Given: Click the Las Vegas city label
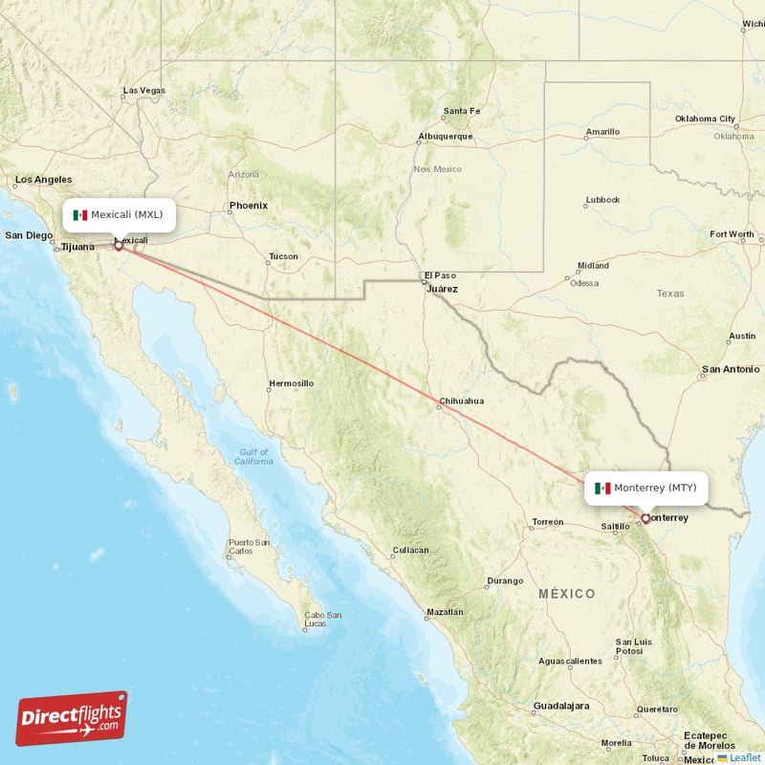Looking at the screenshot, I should [x=143, y=91].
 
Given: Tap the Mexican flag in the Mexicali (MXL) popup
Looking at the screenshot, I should [x=80, y=215].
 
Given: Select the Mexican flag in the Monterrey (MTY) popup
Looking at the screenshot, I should [x=602, y=489].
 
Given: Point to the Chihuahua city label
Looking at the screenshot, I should [x=461, y=402].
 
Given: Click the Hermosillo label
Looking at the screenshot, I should [x=291, y=383].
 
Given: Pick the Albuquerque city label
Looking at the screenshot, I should [x=445, y=136].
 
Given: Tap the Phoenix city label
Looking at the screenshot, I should [x=249, y=206].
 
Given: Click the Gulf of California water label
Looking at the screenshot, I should [x=253, y=456].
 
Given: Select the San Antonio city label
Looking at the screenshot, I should [x=731, y=369].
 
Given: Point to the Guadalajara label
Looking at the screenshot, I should [x=561, y=706].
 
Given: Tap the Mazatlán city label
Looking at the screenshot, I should [x=445, y=612].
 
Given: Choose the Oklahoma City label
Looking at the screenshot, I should [x=707, y=120].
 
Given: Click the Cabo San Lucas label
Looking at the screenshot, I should [x=322, y=620].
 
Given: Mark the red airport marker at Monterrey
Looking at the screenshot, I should [x=645, y=519].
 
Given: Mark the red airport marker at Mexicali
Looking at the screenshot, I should [x=119, y=246].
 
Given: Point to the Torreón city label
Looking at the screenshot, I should [x=548, y=522].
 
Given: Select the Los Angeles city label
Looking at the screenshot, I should [x=43, y=179].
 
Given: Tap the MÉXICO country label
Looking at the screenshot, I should [x=566, y=594].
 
